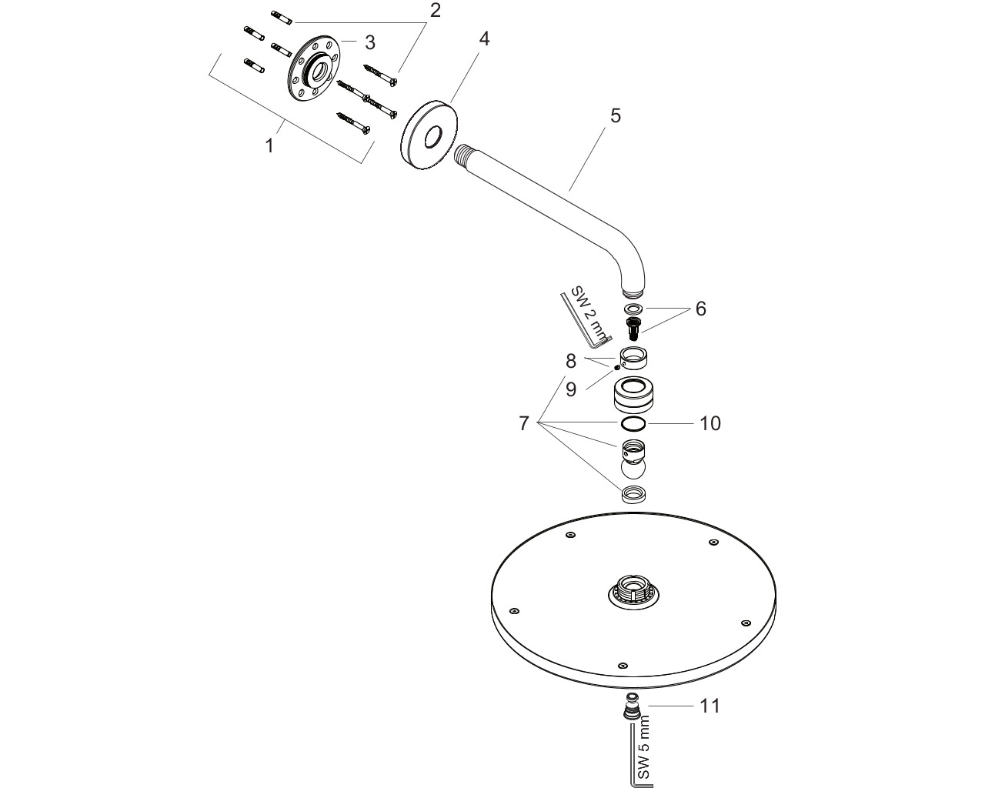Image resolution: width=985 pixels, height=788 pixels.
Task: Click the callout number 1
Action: pyautogui.click(x=269, y=145)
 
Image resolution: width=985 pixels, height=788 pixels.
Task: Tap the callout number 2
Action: pyautogui.click(x=435, y=11)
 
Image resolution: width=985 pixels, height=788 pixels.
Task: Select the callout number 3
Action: pyautogui.click(x=370, y=42)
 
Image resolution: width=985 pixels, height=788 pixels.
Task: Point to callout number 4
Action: pyautogui.click(x=484, y=39)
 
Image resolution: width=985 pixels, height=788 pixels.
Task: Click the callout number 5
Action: pyautogui.click(x=616, y=116)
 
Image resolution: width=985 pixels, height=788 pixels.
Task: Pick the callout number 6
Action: pyautogui.click(x=701, y=309)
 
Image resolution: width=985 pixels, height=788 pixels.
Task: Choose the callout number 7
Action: pyautogui.click(x=524, y=423)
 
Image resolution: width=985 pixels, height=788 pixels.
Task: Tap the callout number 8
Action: pyautogui.click(x=570, y=361)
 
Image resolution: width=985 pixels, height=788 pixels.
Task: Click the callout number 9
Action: pyautogui.click(x=570, y=389)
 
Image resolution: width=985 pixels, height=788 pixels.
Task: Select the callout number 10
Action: pyautogui.click(x=710, y=423)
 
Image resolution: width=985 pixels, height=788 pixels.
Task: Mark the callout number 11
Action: pyautogui.click(x=710, y=706)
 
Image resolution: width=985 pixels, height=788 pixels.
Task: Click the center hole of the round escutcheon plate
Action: pyautogui.click(x=433, y=138)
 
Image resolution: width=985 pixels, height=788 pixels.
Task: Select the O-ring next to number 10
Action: pyautogui.click(x=633, y=424)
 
